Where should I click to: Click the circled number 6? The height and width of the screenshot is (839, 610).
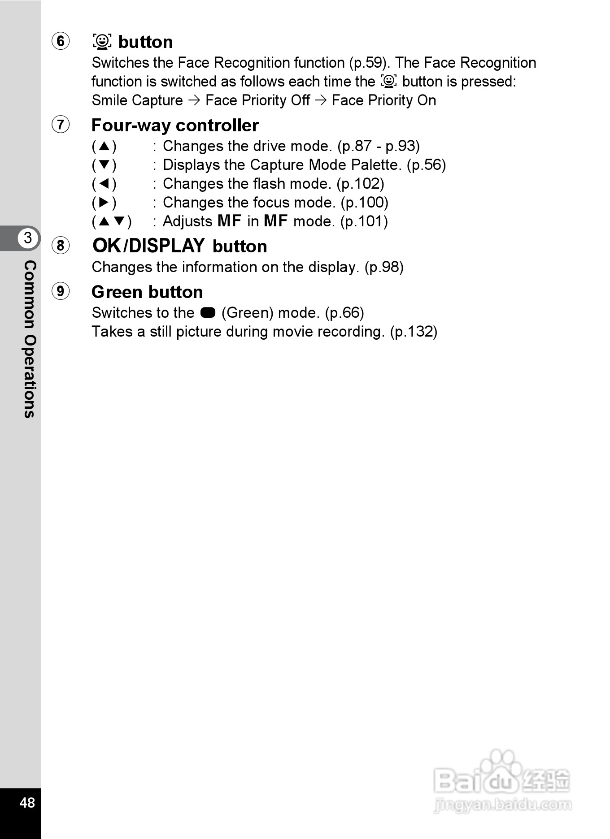tap(61, 41)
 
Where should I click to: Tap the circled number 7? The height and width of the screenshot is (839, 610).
tap(61, 124)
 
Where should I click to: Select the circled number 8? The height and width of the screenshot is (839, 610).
tap(61, 245)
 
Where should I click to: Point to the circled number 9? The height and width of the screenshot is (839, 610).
tap(61, 291)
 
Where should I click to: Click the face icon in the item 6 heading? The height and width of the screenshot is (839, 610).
tap(102, 41)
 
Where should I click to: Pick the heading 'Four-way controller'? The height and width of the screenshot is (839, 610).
tap(175, 125)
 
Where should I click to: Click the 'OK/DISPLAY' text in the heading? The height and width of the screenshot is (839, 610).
tap(148, 246)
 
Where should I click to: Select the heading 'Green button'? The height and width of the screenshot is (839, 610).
tap(147, 292)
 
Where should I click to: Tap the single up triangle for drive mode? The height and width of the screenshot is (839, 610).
tap(104, 146)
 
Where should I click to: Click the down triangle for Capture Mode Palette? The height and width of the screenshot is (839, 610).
tap(104, 165)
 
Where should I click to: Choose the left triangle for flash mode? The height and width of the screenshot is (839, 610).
tap(104, 184)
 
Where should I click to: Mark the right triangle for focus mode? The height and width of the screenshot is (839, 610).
tap(104, 203)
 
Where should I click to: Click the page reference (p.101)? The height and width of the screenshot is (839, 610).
tap(364, 221)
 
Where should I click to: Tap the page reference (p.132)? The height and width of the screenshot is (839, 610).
tap(413, 332)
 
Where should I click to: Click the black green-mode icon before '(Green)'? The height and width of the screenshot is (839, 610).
tap(208, 312)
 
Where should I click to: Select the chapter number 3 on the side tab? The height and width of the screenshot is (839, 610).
tap(28, 238)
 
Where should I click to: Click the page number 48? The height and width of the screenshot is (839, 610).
tap(27, 802)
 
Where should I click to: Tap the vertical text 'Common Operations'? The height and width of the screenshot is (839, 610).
tap(30, 339)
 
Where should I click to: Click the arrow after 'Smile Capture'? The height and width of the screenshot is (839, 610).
tap(194, 100)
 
